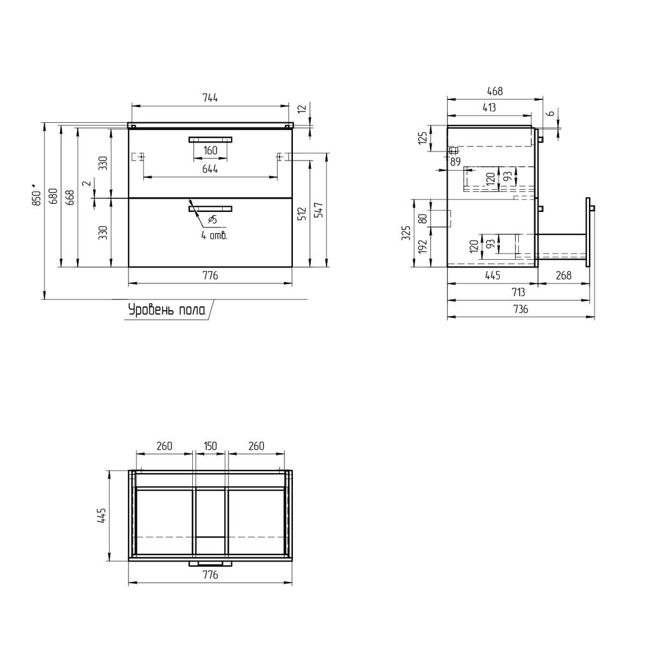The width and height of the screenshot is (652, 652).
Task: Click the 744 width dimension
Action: [x=210, y=98]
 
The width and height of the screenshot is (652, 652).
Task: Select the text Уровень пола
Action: [x=167, y=310]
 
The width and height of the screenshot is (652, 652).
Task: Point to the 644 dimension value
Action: [x=210, y=169]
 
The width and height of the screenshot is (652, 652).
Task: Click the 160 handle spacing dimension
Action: [x=210, y=150]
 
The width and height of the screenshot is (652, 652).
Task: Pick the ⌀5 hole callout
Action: [x=212, y=220]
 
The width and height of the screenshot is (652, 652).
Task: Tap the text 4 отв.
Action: [x=214, y=236]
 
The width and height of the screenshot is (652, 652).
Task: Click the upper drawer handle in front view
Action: [x=210, y=139]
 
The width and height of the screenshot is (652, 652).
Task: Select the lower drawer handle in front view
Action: [x=210, y=208]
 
